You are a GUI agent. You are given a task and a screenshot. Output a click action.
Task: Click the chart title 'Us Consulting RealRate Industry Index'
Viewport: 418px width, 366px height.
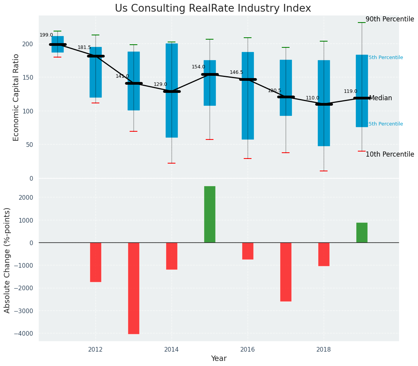213,9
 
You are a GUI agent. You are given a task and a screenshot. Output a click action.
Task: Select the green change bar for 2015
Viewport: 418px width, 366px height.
210,214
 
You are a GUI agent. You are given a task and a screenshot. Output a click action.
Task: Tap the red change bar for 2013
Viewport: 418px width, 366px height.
134,288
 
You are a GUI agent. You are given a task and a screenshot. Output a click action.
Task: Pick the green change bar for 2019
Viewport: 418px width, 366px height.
362,232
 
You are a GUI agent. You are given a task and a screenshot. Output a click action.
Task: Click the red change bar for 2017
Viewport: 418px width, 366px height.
286,272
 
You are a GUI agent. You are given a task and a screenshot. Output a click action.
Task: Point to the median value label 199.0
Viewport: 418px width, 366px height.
46,35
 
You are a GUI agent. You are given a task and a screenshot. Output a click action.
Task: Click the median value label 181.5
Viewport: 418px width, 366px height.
84,47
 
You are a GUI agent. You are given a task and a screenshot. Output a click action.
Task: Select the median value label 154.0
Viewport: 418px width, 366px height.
198,67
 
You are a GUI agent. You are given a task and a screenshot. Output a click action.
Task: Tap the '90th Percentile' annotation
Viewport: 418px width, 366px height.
390,19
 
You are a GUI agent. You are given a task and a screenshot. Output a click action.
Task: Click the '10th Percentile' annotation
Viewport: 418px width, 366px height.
390,154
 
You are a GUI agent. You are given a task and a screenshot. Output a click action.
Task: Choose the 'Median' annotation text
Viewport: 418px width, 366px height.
380,98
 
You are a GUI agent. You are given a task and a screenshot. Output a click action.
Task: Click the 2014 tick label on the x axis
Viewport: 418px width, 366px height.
172,350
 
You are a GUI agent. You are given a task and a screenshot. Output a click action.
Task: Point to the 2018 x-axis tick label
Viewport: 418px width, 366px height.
324,350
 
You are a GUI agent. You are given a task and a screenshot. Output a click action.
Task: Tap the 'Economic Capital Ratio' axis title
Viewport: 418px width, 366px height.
16,97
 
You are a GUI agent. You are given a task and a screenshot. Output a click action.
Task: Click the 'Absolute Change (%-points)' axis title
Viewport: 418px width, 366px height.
7,260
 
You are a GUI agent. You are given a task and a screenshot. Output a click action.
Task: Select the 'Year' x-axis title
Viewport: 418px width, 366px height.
219,359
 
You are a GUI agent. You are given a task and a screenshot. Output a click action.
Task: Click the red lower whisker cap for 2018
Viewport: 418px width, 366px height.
324,171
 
